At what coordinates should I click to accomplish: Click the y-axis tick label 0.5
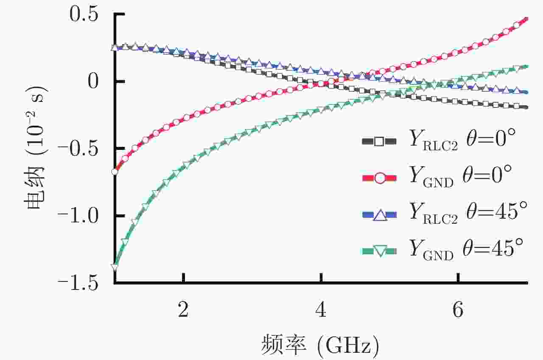(x=87, y=15)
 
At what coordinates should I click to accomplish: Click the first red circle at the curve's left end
(x=115, y=172)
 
